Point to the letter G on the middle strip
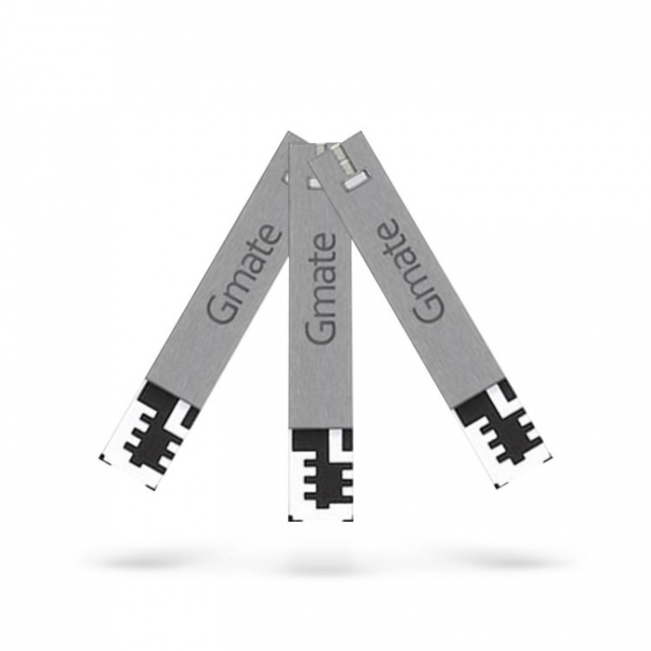(320, 328)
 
